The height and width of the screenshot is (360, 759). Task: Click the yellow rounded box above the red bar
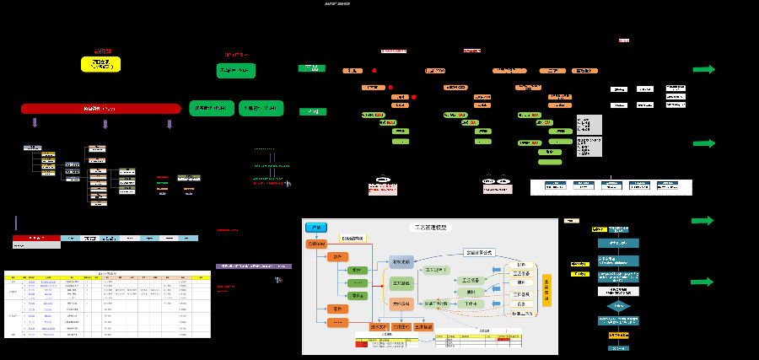(100, 64)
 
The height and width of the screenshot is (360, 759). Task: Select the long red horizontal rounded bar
(100, 109)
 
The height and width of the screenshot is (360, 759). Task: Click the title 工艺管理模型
(430, 227)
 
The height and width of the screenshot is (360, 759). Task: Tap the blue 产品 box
(315, 228)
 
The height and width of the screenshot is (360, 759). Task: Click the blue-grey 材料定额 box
(401, 262)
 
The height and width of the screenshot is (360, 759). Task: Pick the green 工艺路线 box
(401, 283)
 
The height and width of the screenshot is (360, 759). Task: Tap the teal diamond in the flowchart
(619, 305)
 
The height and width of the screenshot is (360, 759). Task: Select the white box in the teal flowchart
(619, 290)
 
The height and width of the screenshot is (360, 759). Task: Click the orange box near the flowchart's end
(619, 335)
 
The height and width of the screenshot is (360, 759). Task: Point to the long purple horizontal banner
(254, 266)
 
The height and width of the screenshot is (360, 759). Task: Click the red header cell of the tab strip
(36, 239)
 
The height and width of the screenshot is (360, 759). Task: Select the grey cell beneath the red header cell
(36, 246)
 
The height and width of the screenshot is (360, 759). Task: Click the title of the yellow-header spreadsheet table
(107, 273)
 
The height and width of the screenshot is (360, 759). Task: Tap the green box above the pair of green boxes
(236, 71)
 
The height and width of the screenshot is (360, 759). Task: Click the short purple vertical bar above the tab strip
(16, 223)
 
